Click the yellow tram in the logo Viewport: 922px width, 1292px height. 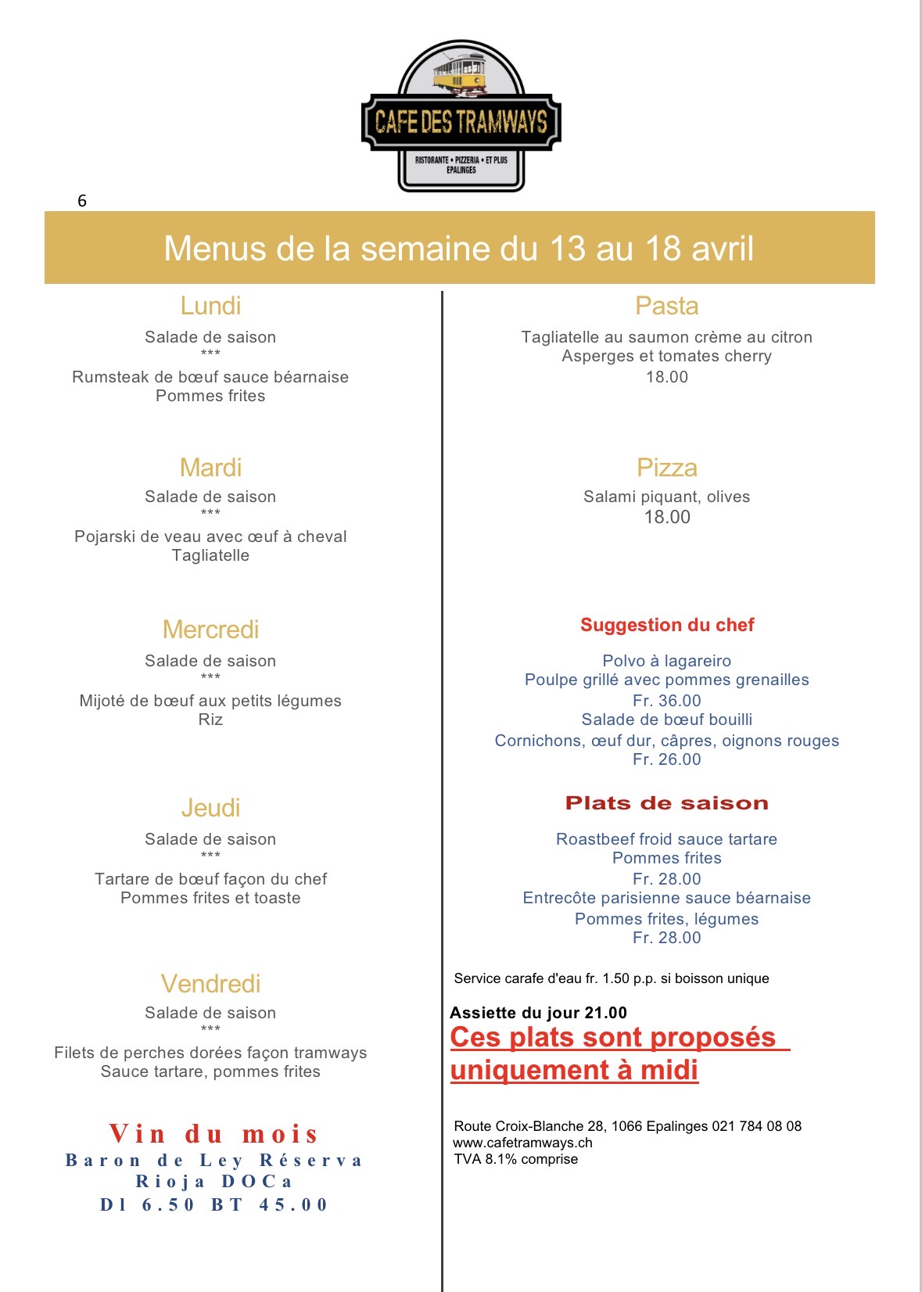click(x=460, y=76)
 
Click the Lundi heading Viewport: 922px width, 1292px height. click(x=210, y=306)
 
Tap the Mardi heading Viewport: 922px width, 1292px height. click(x=210, y=468)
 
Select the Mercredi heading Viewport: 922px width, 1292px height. click(x=210, y=630)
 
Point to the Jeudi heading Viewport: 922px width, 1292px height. click(x=210, y=808)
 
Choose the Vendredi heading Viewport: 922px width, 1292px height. click(x=210, y=984)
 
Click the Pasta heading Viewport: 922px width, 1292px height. click(x=666, y=306)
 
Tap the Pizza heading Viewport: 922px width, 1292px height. click(x=666, y=468)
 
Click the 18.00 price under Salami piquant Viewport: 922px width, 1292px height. click(x=667, y=517)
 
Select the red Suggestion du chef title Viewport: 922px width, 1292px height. click(x=667, y=625)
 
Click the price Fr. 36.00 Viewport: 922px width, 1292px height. click(x=667, y=701)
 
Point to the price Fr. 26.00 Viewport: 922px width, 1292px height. click(x=667, y=759)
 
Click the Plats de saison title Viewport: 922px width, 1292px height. click(x=667, y=803)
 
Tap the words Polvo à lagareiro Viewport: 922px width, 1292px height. click(x=667, y=661)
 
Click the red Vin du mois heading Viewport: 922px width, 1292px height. click(x=213, y=1133)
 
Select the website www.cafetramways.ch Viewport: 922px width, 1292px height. click(x=522, y=1143)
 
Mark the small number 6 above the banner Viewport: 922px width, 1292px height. click(x=82, y=201)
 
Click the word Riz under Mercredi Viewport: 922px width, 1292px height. click(x=210, y=720)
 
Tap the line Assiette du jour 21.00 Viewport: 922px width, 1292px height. click(x=538, y=1013)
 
